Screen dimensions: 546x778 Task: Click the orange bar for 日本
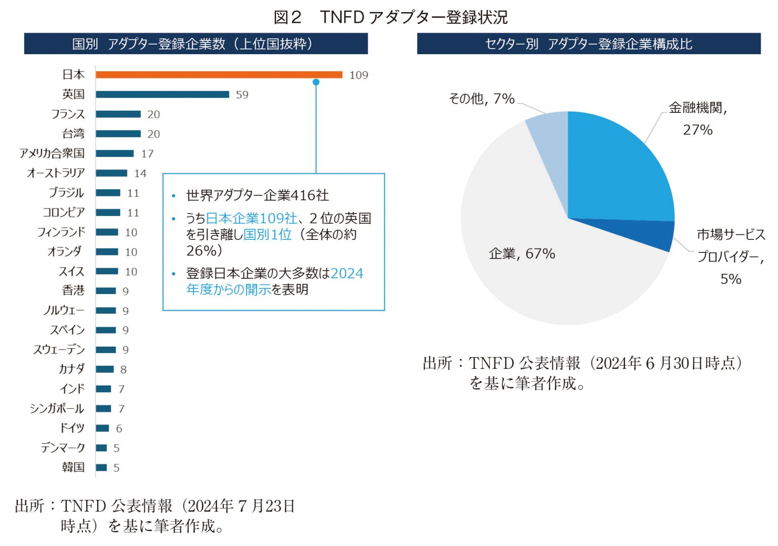(219, 75)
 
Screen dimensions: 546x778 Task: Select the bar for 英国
(162, 95)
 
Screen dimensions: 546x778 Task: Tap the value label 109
(359, 75)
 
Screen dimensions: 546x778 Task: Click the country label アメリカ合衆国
(52, 153)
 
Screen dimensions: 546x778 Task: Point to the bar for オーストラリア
(111, 173)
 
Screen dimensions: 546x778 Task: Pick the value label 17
(147, 154)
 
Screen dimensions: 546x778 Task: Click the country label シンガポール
(57, 408)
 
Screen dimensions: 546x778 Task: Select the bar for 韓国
(101, 468)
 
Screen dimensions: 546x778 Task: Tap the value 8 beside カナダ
(124, 370)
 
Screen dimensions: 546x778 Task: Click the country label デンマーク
(63, 448)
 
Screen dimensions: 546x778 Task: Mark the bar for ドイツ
(102, 428)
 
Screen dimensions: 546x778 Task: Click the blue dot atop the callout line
(316, 82)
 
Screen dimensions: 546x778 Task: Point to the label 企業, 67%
(522, 254)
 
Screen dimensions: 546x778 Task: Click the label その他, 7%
(481, 99)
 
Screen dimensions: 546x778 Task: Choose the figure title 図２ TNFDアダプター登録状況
(390, 17)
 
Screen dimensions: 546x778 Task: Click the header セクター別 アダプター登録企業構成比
(589, 44)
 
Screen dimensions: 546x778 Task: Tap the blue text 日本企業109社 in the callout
(251, 218)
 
